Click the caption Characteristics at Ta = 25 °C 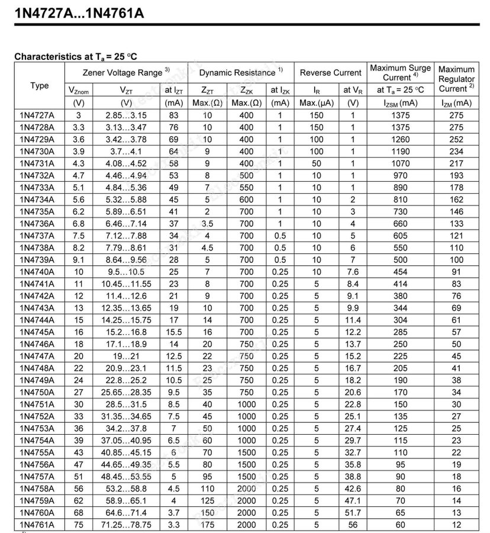pyautogui.click(x=76, y=57)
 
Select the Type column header pyautogui.click(x=40, y=85)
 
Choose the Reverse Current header pyautogui.click(x=330, y=72)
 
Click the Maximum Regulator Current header pyautogui.click(x=456, y=79)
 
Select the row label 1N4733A pyautogui.click(x=36, y=187)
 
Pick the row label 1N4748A pyautogui.click(x=36, y=368)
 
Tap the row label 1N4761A pyautogui.click(x=36, y=524)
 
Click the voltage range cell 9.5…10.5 pyautogui.click(x=126, y=271)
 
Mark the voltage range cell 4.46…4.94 pyautogui.click(x=126, y=175)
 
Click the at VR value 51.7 pyautogui.click(x=353, y=512)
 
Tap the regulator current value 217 pyautogui.click(x=456, y=163)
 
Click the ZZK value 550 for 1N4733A pyautogui.click(x=246, y=187)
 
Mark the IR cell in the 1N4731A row pyautogui.click(x=317, y=163)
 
